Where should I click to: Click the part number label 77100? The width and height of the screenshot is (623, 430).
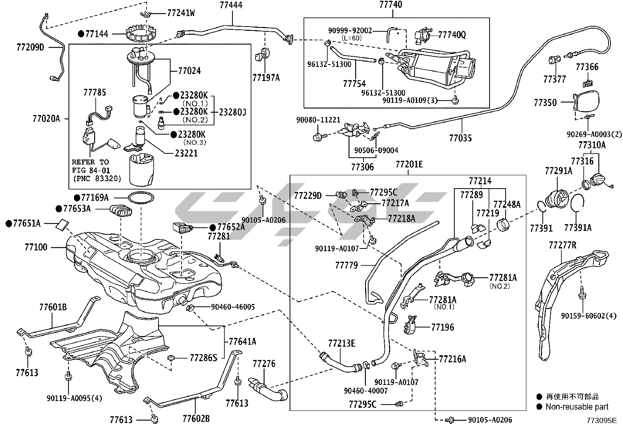coord(36,247)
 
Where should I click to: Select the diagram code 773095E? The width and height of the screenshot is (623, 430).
coord(601,421)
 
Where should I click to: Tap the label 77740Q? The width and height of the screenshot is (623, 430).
coord(452,35)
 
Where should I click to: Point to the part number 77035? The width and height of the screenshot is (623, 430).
coord(460,138)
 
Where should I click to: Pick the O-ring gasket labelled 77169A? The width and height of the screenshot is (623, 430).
coord(140,198)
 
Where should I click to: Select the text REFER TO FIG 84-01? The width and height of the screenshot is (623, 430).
coord(90,166)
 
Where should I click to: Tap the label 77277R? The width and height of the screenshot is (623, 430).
coord(562,245)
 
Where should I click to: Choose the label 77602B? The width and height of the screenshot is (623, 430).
coord(196,419)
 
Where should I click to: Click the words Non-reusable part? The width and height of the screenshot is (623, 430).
coord(577,407)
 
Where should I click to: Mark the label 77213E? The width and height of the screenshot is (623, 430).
coord(342,344)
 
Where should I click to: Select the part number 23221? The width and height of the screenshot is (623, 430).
coord(186,153)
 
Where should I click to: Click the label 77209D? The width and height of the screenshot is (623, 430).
coord(31,47)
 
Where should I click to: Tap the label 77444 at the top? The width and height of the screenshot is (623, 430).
coord(231,5)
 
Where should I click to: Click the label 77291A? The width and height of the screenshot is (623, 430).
coord(558,171)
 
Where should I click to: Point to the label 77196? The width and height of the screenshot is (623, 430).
coord(443,327)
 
